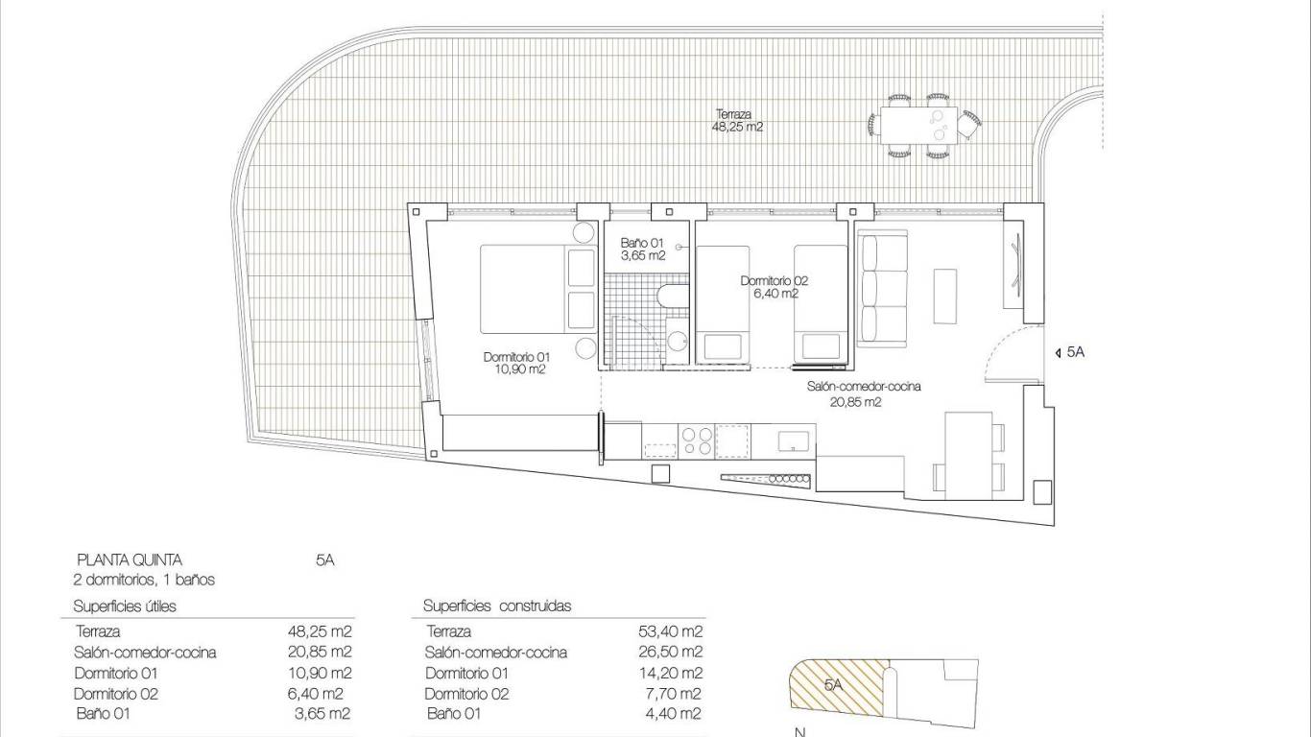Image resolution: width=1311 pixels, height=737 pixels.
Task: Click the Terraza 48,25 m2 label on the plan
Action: tap(738, 120)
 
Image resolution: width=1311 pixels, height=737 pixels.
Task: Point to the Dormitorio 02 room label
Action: tap(774, 287)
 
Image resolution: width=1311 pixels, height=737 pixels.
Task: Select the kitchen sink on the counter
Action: tap(793, 440)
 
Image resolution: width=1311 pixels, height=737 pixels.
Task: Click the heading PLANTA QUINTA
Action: tap(129, 560)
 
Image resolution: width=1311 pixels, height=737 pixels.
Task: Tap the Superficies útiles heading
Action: tap(125, 606)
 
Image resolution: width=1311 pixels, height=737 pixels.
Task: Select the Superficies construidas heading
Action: tap(497, 606)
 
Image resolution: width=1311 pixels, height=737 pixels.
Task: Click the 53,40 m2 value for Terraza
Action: tap(672, 631)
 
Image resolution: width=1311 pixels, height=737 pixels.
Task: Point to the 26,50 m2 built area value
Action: tap(672, 653)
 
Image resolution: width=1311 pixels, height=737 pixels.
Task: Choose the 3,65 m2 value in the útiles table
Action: tap(322, 713)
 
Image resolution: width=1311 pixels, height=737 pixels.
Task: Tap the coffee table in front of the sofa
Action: tap(945, 296)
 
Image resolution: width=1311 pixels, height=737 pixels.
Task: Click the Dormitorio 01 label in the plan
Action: tap(517, 363)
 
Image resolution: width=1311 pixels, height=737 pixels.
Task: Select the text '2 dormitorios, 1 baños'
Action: tap(144, 580)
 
